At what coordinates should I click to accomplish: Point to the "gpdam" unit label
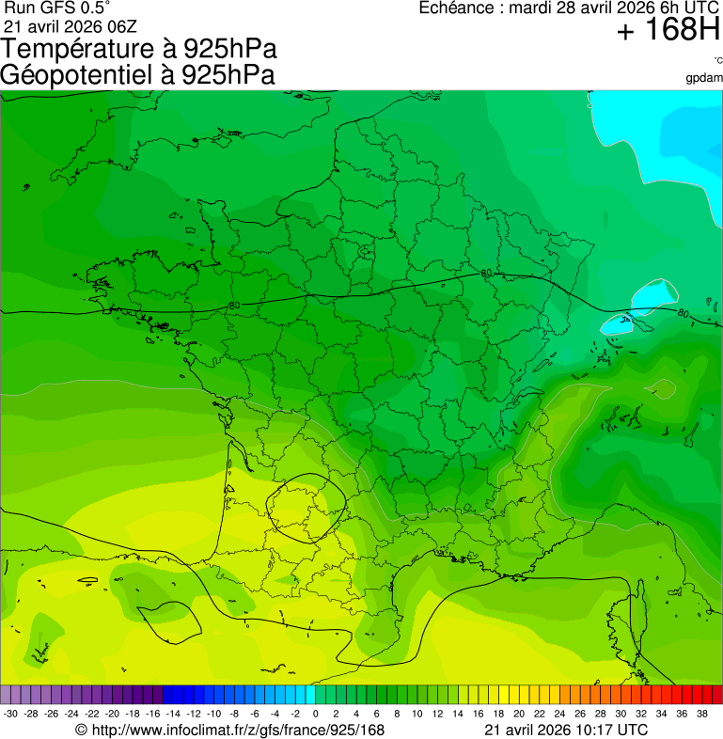704,78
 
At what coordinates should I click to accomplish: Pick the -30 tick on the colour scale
10,715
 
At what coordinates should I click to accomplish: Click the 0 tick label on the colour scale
315,715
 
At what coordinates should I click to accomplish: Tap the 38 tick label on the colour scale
701,715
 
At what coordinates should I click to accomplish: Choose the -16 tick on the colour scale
152,715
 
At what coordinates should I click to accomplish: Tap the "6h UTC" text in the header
691,8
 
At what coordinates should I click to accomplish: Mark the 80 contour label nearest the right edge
684,313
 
